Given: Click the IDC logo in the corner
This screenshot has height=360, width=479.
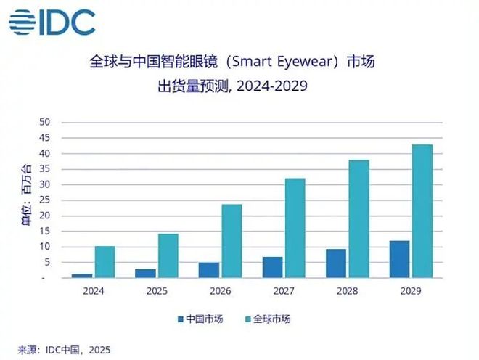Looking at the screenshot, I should (52, 22).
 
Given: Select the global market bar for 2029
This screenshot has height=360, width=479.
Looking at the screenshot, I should (422, 210).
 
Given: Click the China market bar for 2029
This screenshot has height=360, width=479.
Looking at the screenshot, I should (398, 259).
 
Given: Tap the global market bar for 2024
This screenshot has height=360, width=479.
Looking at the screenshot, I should (105, 262).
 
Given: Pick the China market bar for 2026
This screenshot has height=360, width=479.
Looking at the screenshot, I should (209, 270).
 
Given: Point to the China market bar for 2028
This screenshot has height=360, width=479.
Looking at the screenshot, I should (335, 263).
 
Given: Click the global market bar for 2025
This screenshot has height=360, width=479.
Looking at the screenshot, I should (168, 255).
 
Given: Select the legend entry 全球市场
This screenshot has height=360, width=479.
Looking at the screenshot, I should (271, 319).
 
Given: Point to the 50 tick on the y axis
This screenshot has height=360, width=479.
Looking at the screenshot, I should (45, 123).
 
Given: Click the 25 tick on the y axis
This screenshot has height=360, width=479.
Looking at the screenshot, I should (45, 200).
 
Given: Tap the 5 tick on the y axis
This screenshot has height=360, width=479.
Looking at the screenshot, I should (45, 262).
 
